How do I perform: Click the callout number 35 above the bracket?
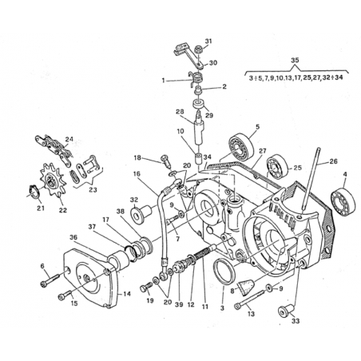[295, 60]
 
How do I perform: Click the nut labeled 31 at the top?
[198, 50]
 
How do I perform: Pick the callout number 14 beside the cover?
[127, 294]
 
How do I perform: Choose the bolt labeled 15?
[65, 296]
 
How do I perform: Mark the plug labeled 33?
[286, 310]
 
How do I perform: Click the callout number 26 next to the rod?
[333, 161]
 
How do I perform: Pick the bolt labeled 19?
[145, 288]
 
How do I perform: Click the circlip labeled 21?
[34, 191]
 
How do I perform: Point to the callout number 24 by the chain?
[69, 139]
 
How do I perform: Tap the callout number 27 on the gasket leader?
[263, 151]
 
